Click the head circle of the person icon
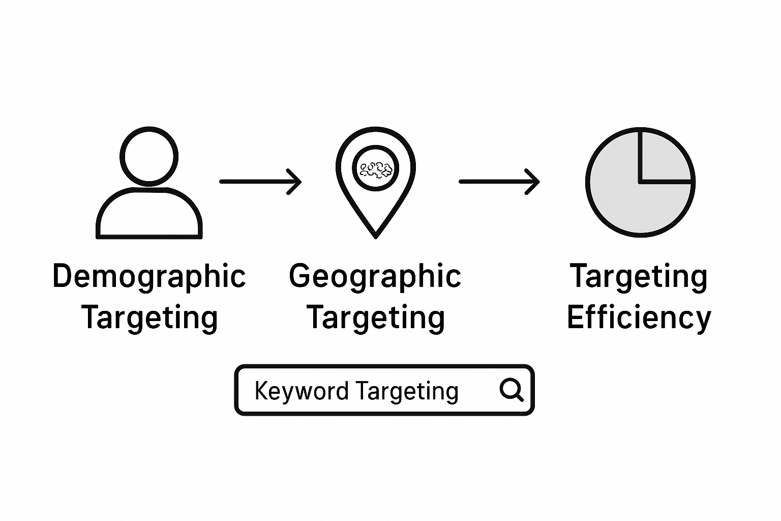point(149,156)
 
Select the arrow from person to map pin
point(259,181)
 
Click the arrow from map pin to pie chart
point(498,181)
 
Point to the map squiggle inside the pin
point(376,169)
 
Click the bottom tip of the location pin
point(375,235)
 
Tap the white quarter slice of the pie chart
point(664,156)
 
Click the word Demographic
point(149,276)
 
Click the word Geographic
point(375,276)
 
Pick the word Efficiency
point(639,317)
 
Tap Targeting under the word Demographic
point(149,317)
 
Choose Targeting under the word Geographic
point(375,317)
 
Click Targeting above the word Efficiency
point(639,276)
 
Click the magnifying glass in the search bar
point(511,390)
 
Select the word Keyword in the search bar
point(301,391)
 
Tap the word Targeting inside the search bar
point(407,391)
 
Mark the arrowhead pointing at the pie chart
point(533,181)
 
